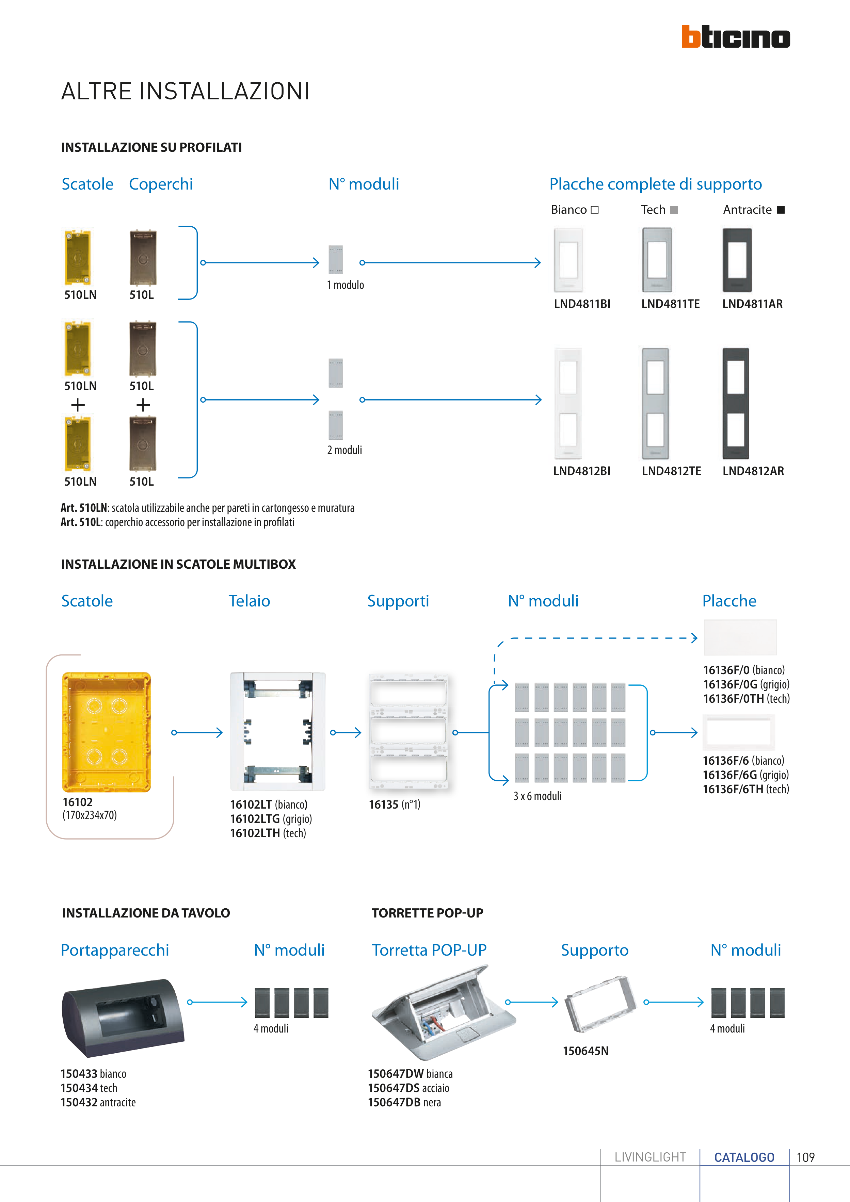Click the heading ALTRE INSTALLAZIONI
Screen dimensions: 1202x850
coord(186,92)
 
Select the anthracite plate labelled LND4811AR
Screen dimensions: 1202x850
coord(737,260)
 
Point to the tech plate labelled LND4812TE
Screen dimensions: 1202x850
coord(655,404)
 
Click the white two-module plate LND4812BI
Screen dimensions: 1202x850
coord(568,404)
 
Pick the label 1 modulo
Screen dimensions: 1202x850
coord(345,285)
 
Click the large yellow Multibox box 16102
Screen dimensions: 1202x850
coord(106,732)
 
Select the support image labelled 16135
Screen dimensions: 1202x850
coord(408,732)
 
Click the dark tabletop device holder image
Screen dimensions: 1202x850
coord(123,1017)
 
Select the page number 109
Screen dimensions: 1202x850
coord(805,1157)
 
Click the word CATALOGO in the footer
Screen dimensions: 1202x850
coord(744,1157)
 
